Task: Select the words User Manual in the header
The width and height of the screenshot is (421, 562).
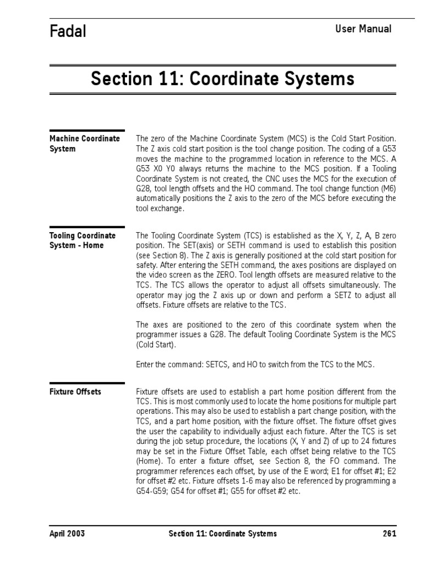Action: click(363, 29)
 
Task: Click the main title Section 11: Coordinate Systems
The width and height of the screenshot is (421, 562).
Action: click(223, 79)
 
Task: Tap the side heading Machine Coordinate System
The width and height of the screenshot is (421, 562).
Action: click(84, 143)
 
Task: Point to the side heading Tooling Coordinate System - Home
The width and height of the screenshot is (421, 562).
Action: click(82, 240)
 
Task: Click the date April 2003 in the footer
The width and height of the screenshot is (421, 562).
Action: click(67, 533)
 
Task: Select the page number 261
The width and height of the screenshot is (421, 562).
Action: click(389, 533)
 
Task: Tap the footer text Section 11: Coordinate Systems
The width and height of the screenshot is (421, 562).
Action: click(222, 533)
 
